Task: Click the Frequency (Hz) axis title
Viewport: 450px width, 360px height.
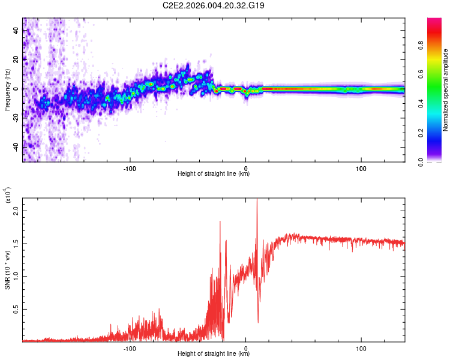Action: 8,90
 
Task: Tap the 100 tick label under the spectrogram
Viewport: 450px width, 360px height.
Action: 361,169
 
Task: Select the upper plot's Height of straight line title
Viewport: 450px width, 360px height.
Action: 214,174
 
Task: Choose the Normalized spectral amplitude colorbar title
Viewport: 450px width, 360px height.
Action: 445,90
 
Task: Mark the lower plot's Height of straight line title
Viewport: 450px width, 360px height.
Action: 214,354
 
